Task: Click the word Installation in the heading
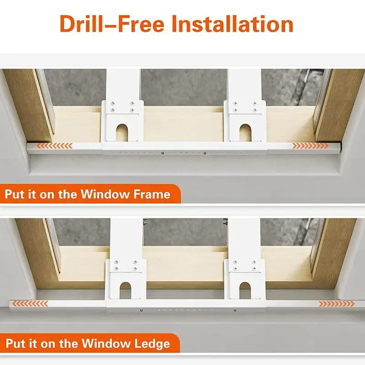click(x=233, y=24)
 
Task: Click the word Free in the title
click(x=142, y=24)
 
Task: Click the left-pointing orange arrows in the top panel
click(x=54, y=146)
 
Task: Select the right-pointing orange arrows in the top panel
click(x=310, y=146)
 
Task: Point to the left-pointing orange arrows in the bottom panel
click(x=30, y=303)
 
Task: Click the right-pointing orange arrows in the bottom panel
click(x=336, y=303)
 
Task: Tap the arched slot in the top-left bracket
click(x=122, y=133)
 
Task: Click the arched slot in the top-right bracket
click(x=245, y=133)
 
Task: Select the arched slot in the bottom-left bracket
click(x=125, y=291)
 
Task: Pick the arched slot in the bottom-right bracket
click(x=245, y=291)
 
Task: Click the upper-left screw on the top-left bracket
click(x=113, y=103)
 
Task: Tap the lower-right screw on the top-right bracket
click(x=255, y=110)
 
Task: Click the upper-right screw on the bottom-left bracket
click(x=135, y=262)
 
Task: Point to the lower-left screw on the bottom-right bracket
click(x=235, y=269)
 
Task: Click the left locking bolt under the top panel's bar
click(x=162, y=153)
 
